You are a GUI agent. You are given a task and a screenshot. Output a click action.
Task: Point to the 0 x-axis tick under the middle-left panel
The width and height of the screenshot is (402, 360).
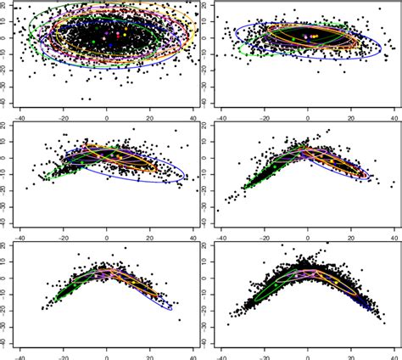(x=107, y=233)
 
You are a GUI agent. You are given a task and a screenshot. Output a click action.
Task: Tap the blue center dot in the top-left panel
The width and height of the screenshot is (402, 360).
(x=105, y=37)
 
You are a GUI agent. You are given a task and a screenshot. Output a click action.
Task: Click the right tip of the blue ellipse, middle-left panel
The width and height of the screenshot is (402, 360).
(x=188, y=179)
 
